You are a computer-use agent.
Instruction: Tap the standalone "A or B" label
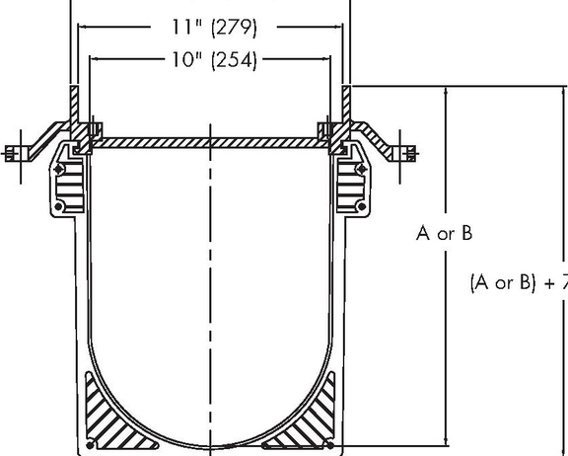click(x=444, y=234)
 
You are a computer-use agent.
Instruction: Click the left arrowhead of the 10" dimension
click(x=94, y=60)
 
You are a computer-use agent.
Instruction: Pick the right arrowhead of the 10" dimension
click(x=330, y=60)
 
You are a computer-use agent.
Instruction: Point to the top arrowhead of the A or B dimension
click(x=450, y=92)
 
